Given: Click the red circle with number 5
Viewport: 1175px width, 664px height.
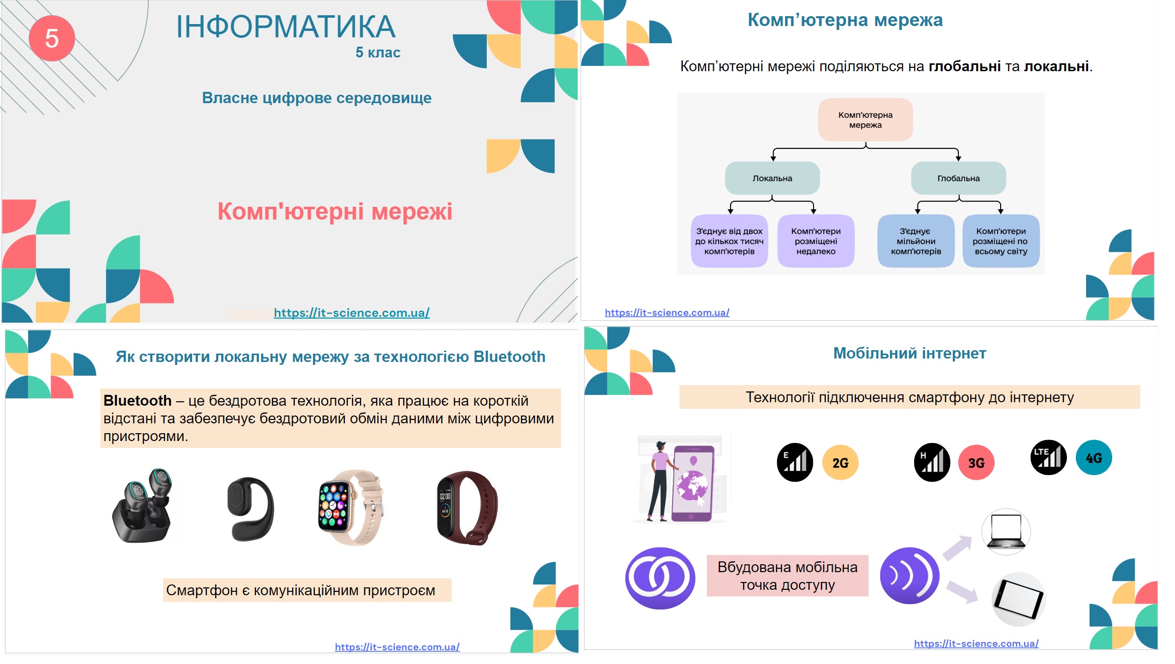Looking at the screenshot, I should coord(52,38).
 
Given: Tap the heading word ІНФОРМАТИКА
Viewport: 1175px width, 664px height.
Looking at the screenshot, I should coord(285,27).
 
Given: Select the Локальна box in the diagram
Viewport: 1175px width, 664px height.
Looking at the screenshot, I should coord(772,178).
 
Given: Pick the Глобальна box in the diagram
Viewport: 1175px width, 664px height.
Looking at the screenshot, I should coord(958,178).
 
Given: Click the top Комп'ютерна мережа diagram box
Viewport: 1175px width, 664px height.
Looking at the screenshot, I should coord(866,120).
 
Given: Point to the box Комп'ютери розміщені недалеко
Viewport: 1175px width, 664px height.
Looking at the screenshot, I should coord(816,241).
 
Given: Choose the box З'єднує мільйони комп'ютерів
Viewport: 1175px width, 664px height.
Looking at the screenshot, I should coord(916,241).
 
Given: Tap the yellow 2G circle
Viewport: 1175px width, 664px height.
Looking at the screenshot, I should coord(840,463).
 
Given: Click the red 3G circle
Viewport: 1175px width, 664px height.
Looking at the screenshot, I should coord(976,463).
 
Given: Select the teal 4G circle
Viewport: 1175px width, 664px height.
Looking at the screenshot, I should coord(1093,458).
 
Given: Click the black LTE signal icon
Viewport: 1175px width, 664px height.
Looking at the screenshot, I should coord(1048,457).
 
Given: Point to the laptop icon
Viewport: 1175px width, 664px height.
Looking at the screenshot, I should coord(1006,532).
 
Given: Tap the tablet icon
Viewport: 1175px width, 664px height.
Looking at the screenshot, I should coord(1018,599).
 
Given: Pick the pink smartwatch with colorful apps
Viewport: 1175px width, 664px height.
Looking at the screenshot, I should coord(350,507).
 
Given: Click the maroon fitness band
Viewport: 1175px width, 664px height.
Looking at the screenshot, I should coord(467,507).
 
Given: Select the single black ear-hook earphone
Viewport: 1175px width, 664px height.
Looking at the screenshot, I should coord(251,509).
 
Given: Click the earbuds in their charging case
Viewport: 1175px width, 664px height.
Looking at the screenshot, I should coord(143,506).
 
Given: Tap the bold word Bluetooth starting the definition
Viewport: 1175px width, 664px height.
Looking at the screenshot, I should coord(138,401).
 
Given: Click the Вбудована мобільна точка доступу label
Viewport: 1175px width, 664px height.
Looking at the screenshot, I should coord(787,576).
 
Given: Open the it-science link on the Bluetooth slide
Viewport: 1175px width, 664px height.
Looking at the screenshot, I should coord(397,647).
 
